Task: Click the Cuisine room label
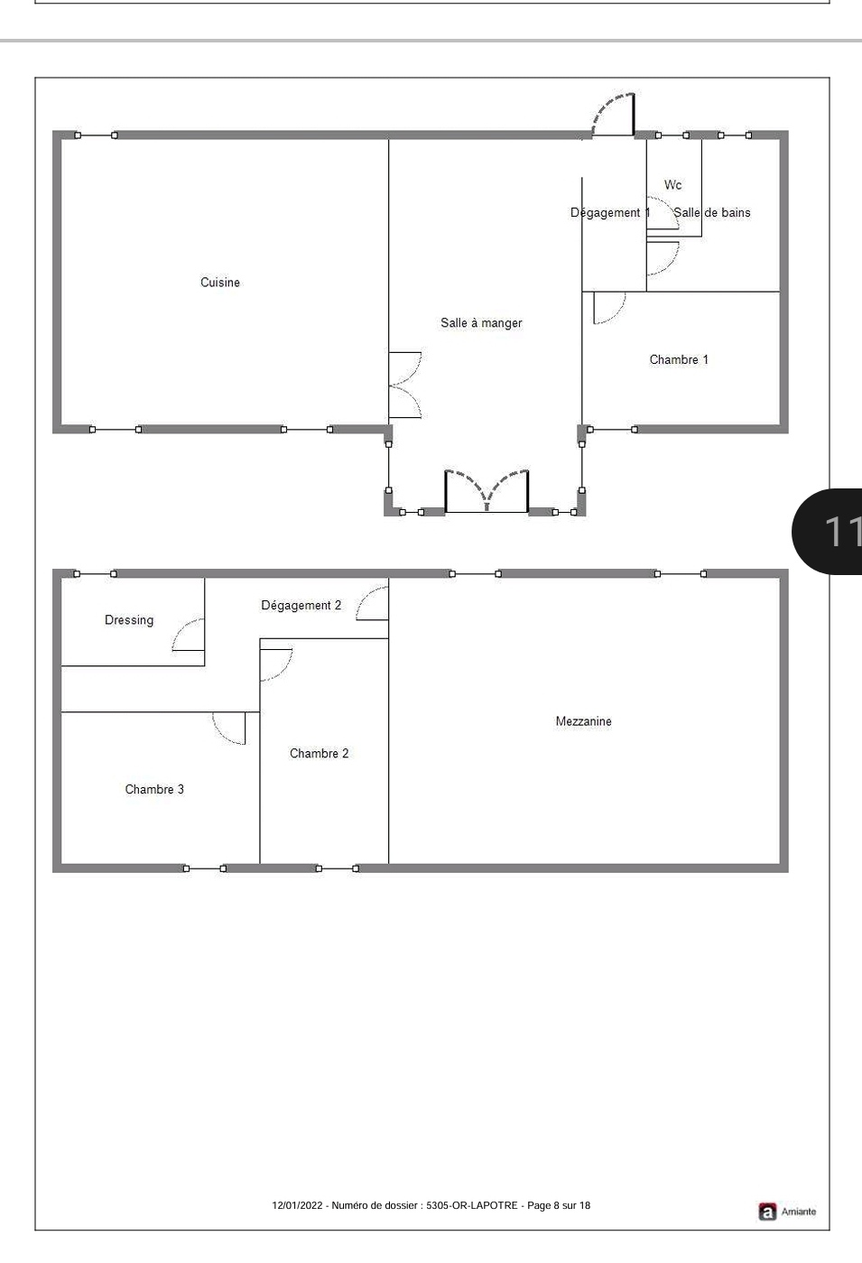pyautogui.click(x=220, y=283)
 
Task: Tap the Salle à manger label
pyautogui.click(x=481, y=323)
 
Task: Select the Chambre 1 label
pyautogui.click(x=679, y=359)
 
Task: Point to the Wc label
pyautogui.click(x=672, y=185)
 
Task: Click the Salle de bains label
pyautogui.click(x=712, y=212)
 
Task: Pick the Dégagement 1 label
pyautogui.click(x=610, y=212)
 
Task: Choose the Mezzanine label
pyautogui.click(x=583, y=721)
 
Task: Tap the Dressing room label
pyautogui.click(x=129, y=620)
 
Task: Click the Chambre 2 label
pyautogui.click(x=320, y=753)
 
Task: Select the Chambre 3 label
pyautogui.click(x=154, y=789)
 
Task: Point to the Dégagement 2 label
pyautogui.click(x=301, y=606)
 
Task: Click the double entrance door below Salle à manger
pyautogui.click(x=487, y=491)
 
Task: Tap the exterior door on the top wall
pyautogui.click(x=613, y=115)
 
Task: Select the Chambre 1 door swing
pyautogui.click(x=609, y=308)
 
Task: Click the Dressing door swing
pyautogui.click(x=188, y=635)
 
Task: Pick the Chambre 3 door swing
pyautogui.click(x=229, y=729)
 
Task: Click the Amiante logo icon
pyautogui.click(x=766, y=1212)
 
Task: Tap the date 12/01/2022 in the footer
pyautogui.click(x=297, y=1205)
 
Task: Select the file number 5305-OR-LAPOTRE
pyautogui.click(x=472, y=1205)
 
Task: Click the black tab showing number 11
pyautogui.click(x=827, y=532)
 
